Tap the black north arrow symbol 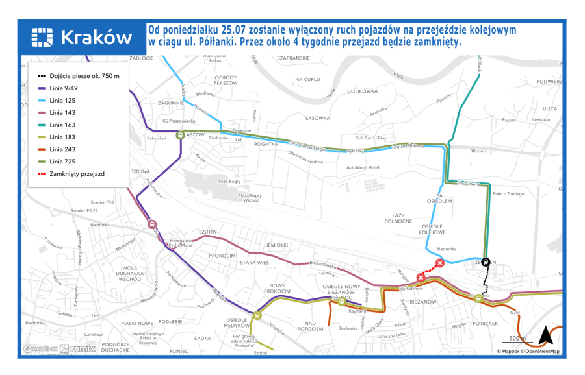544,335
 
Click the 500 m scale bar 517,340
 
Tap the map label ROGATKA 266,145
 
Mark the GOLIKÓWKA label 362,91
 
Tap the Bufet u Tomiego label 508,194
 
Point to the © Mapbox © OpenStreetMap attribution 527,351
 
